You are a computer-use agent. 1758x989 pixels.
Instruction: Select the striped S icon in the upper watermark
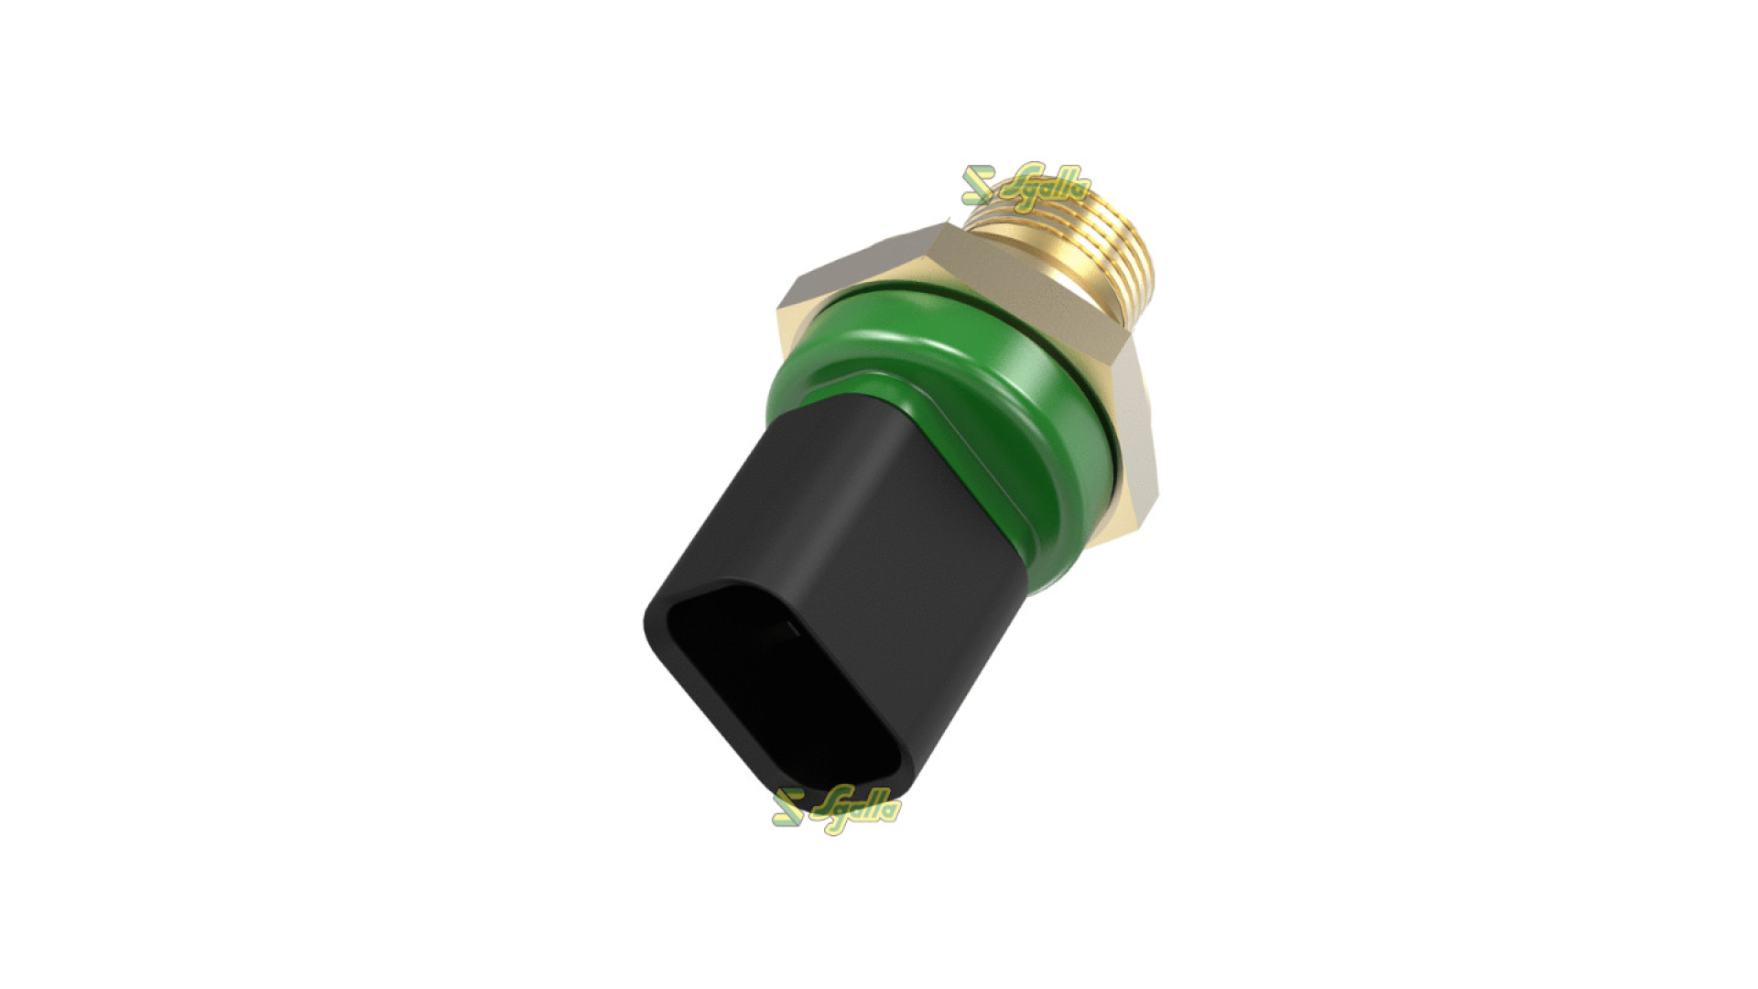click(977, 184)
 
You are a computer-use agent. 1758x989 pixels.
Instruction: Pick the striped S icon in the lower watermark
click(787, 806)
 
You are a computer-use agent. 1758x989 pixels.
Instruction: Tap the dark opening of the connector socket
click(760, 678)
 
